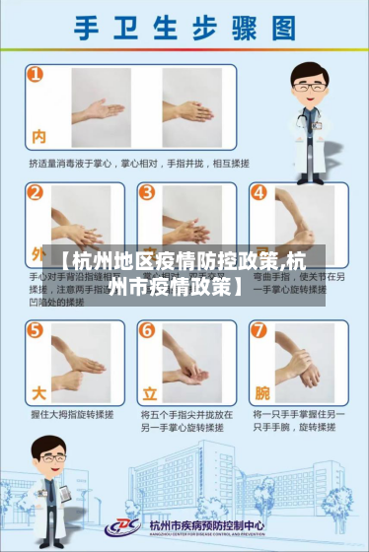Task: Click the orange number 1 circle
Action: tap(36, 75)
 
